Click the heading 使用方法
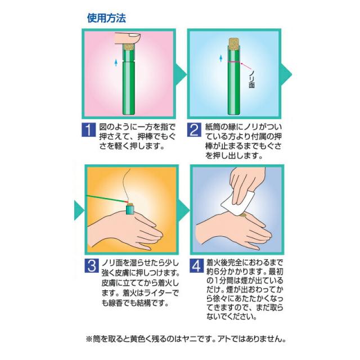pos(106,18)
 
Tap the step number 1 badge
pos(89,130)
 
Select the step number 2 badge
pos(194,130)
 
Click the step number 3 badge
pos(92,265)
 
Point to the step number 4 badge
pos(197,265)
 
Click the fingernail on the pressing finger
pos(134,35)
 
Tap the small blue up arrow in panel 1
pos(116,62)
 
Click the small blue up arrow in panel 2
pos(221,58)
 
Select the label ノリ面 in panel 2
pos(251,80)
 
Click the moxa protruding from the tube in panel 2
pos(235,43)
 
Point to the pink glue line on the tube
pos(234,62)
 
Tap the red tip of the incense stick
pos(126,201)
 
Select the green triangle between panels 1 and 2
pos(181,74)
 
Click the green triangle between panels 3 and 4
pos(184,210)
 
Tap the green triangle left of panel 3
pos(79,210)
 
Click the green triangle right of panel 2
pos(286,74)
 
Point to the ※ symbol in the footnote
pos(89,339)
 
